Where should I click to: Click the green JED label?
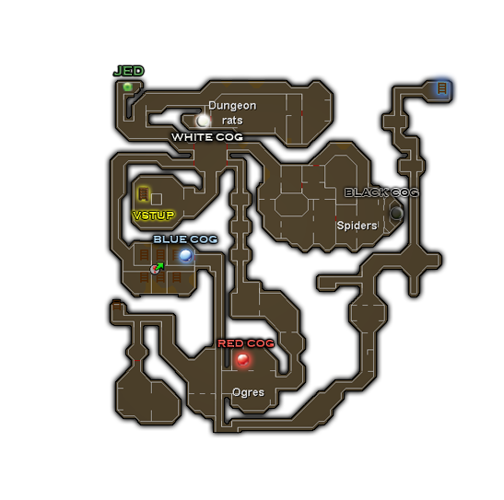[x=129, y=71]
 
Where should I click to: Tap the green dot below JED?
[x=127, y=87]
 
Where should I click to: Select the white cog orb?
[x=203, y=121]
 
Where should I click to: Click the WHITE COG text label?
[x=207, y=137]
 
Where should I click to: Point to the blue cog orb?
[x=186, y=256]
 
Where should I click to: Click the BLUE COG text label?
[x=185, y=239]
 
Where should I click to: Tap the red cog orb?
[x=242, y=359]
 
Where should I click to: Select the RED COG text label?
[x=246, y=343]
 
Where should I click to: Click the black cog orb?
[x=396, y=213]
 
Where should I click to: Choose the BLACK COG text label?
[x=381, y=192]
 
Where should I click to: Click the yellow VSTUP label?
[x=153, y=215]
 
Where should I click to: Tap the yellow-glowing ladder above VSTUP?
[x=144, y=194]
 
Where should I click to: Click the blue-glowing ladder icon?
[x=442, y=88]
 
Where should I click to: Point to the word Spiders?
[x=357, y=226]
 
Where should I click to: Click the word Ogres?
[x=248, y=392]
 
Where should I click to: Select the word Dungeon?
[x=232, y=106]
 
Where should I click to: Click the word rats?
[x=232, y=121]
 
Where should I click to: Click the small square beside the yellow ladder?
[x=157, y=199]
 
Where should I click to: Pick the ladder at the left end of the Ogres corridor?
[x=117, y=305]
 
